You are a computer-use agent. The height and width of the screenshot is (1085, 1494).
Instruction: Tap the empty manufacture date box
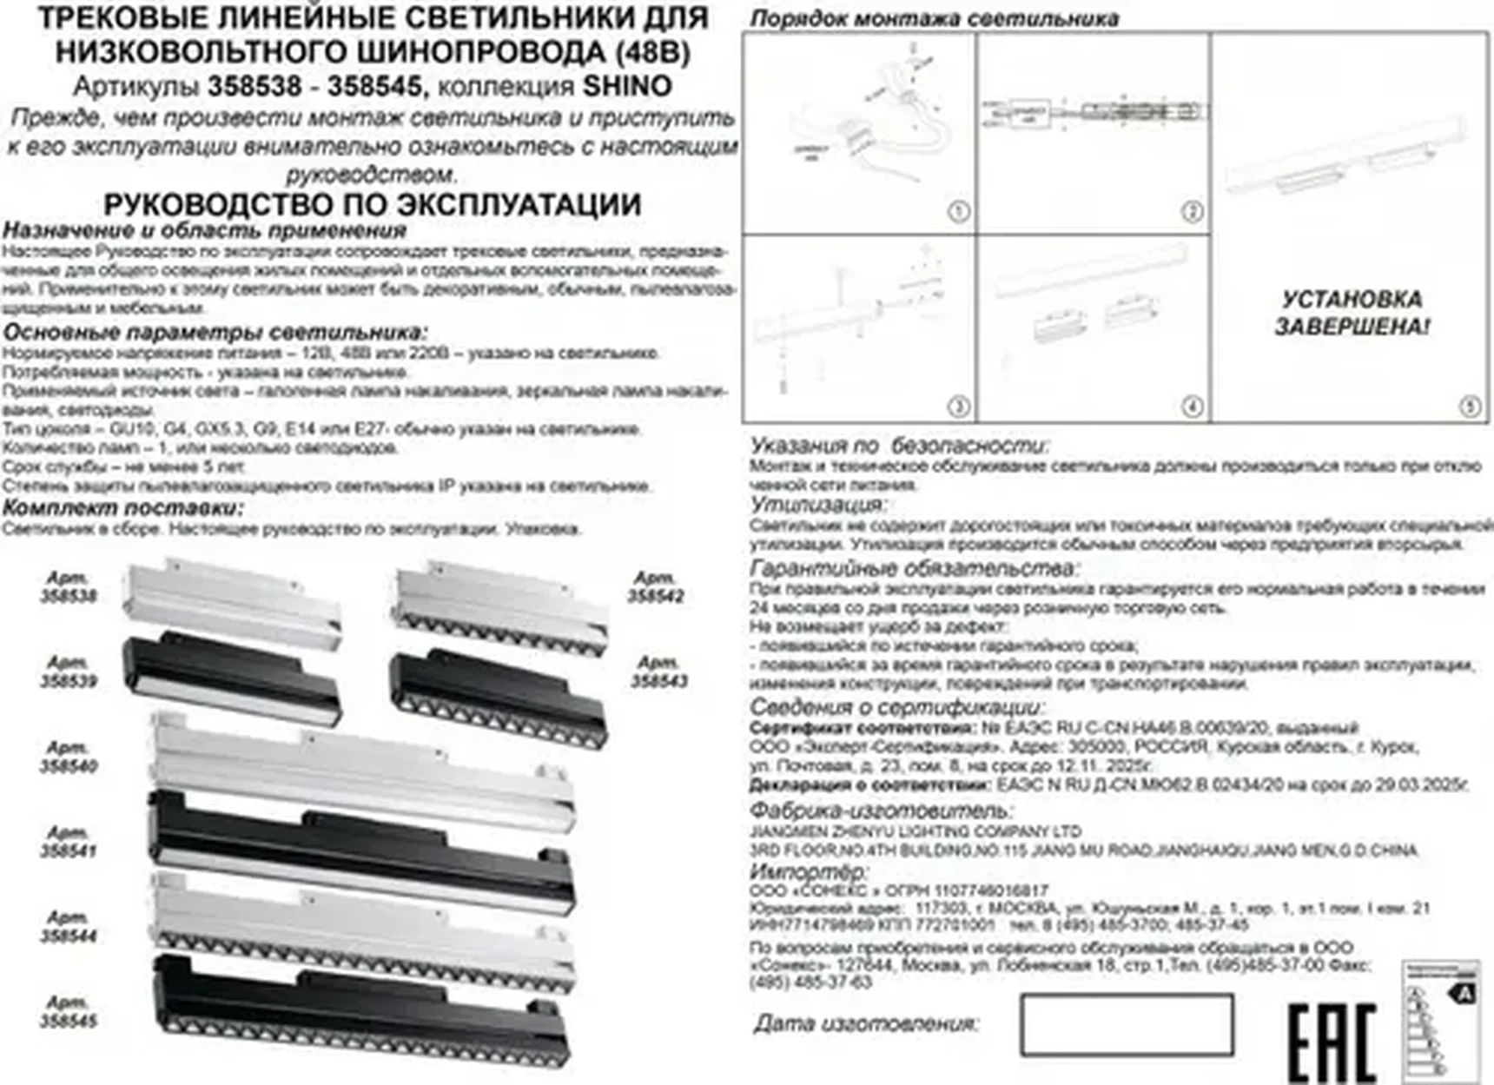pyautogui.click(x=1127, y=1024)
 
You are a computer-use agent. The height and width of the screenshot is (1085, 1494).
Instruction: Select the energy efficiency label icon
pyautogui.click(x=1440, y=1021)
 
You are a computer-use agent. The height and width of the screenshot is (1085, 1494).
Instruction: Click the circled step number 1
pyautogui.click(x=958, y=211)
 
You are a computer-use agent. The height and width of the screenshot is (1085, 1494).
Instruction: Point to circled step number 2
pyautogui.click(x=1192, y=211)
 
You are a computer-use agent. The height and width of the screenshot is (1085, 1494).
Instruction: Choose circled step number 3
pyautogui.click(x=958, y=406)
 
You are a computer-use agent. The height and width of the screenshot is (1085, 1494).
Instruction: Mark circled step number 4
pyautogui.click(x=1192, y=406)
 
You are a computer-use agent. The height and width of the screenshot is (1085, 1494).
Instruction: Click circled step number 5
pyautogui.click(x=1470, y=406)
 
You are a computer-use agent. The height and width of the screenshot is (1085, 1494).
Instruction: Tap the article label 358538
pyautogui.click(x=69, y=587)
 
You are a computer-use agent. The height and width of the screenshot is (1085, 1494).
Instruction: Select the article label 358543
pyautogui.click(x=658, y=672)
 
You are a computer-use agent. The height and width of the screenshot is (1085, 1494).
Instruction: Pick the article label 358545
pyautogui.click(x=69, y=1012)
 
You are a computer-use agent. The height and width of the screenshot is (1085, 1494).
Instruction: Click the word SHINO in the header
pyautogui.click(x=626, y=86)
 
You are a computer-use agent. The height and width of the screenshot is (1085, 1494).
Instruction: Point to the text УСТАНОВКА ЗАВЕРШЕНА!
pyautogui.click(x=1352, y=313)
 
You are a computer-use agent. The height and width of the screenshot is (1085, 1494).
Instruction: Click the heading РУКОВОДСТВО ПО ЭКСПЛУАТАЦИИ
pyautogui.click(x=372, y=205)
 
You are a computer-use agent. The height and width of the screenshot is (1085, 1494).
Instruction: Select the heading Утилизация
pyautogui.click(x=817, y=505)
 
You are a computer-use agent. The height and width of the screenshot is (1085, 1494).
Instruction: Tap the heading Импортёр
pyautogui.click(x=808, y=870)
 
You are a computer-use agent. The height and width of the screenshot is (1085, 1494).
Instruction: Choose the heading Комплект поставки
pyautogui.click(x=122, y=507)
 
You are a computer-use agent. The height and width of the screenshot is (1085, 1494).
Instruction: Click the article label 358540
pyautogui.click(x=69, y=757)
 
